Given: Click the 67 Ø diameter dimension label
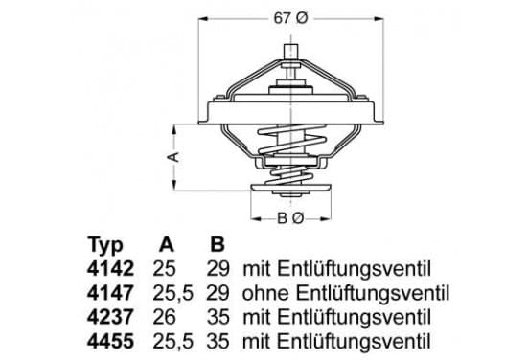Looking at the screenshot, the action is click(x=290, y=18).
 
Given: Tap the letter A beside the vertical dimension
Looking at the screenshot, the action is click(x=174, y=157).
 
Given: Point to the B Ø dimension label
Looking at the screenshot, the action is click(x=290, y=218).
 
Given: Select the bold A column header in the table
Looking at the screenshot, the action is click(x=167, y=244).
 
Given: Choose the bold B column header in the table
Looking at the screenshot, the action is click(x=218, y=244).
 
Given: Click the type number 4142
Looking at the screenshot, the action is click(x=110, y=269).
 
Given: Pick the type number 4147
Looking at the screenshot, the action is click(x=110, y=293).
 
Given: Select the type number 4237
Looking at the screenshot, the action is click(x=110, y=318).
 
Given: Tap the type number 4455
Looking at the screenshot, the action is click(x=110, y=342).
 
